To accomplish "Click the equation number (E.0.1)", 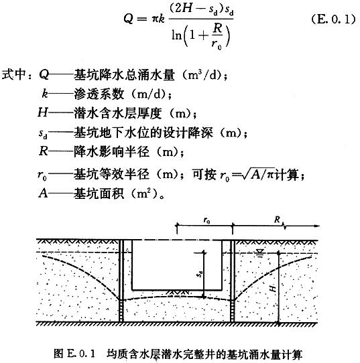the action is [x=333, y=19].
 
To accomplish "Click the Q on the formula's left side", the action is [x=129, y=19].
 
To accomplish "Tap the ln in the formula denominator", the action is [x=176, y=35].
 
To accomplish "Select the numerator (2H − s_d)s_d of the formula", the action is [x=201, y=10].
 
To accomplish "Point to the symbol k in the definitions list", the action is [x=45, y=94].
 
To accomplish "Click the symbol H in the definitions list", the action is [x=43, y=113].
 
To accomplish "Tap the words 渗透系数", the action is [x=99, y=94].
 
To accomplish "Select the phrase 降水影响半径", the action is [x=111, y=151].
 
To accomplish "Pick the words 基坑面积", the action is [x=99, y=193].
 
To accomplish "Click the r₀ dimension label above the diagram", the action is [x=206, y=220].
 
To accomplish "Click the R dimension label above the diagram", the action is [x=277, y=219].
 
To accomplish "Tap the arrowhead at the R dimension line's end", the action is [x=317, y=226].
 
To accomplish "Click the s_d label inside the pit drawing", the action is [x=200, y=274].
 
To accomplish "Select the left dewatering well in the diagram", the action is [x=121, y=281].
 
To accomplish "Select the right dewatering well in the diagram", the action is [x=233, y=281].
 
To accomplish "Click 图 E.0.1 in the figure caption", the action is [x=74, y=354].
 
